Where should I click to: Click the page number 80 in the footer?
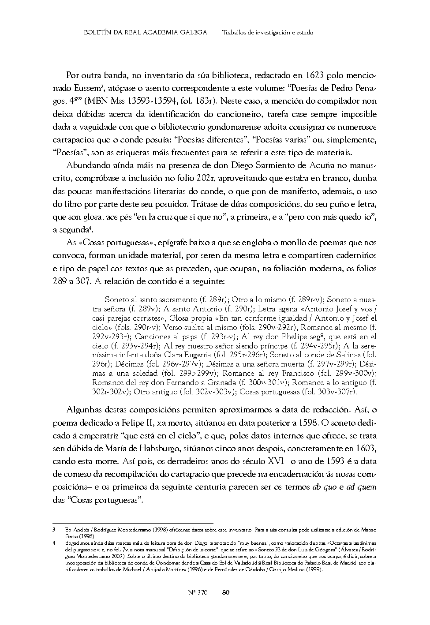click(225, 592)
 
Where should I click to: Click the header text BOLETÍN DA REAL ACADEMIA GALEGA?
click(145, 32)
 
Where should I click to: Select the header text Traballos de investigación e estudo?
click(268, 32)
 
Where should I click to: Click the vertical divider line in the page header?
click(215, 33)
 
